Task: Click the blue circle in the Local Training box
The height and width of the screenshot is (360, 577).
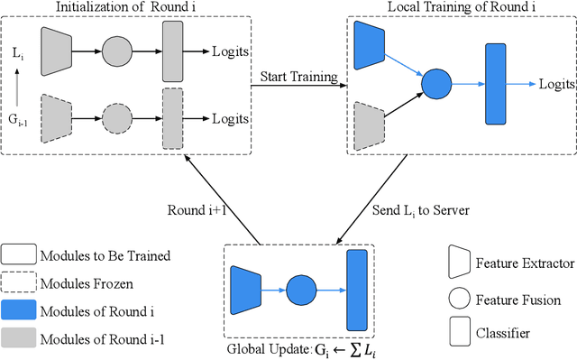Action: coord(436,84)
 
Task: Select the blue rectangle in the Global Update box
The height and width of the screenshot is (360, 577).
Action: coord(357,289)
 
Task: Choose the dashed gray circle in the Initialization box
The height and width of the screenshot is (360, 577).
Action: coord(116,117)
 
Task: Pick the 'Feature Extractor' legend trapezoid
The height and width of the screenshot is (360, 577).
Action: coord(459,264)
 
